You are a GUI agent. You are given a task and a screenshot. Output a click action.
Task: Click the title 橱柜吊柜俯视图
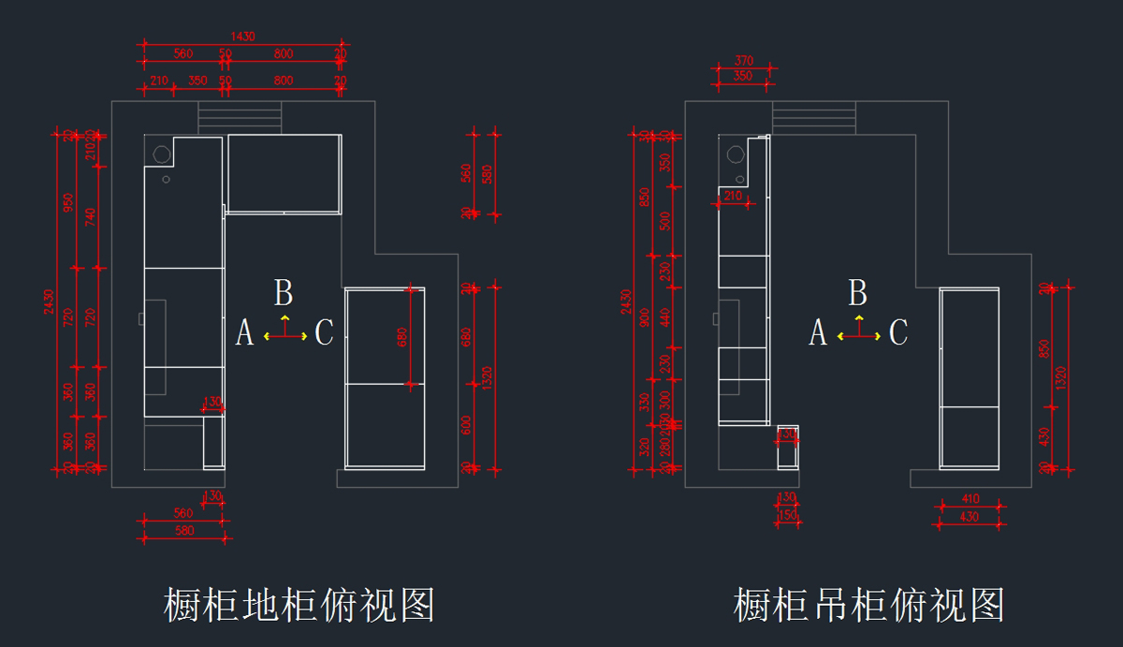[869, 606]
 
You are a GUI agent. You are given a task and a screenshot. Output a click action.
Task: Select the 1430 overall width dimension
[243, 37]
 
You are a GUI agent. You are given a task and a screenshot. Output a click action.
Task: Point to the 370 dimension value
[744, 61]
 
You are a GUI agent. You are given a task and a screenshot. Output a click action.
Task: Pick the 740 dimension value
[91, 217]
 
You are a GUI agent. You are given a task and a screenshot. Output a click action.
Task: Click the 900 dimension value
[643, 318]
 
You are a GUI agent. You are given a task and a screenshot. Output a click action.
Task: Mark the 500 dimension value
[665, 221]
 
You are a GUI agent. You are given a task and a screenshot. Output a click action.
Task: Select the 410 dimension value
[970, 500]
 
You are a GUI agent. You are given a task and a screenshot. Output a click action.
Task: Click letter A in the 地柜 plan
[244, 332]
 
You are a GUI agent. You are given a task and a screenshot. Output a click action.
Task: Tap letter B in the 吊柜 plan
[857, 293]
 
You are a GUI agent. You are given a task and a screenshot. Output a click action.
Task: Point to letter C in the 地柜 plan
[324, 332]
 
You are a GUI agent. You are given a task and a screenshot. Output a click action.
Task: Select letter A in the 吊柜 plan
[818, 332]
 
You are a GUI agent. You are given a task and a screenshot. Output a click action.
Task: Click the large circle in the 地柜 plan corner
[161, 153]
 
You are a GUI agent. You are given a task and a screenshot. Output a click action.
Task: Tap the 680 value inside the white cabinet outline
[403, 336]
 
